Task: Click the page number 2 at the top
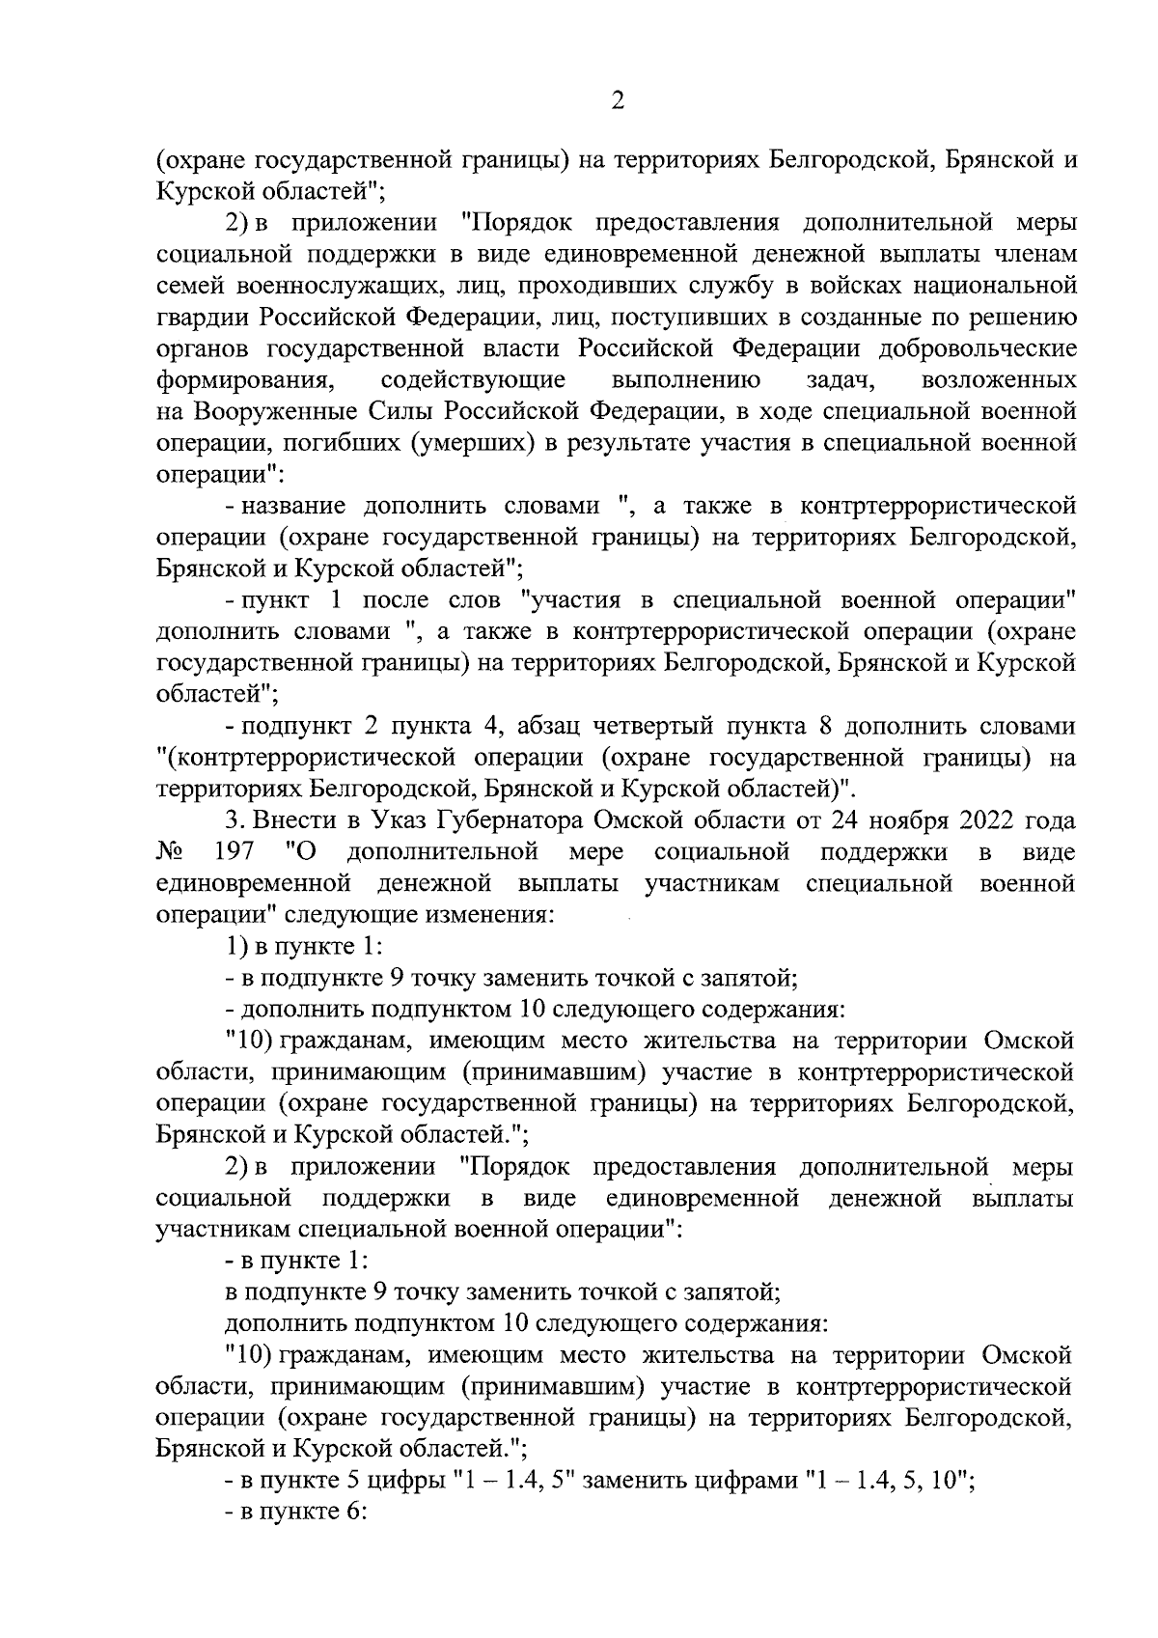618,99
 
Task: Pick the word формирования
245,379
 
